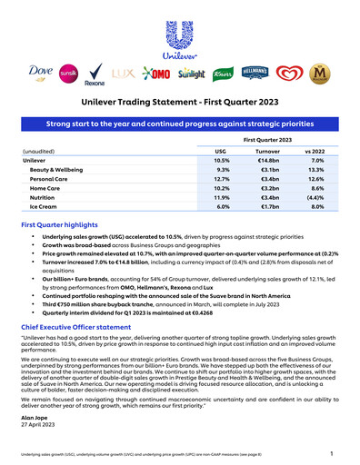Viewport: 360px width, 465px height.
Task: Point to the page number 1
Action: (x=333, y=452)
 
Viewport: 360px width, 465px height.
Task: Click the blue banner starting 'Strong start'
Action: (x=179, y=121)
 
